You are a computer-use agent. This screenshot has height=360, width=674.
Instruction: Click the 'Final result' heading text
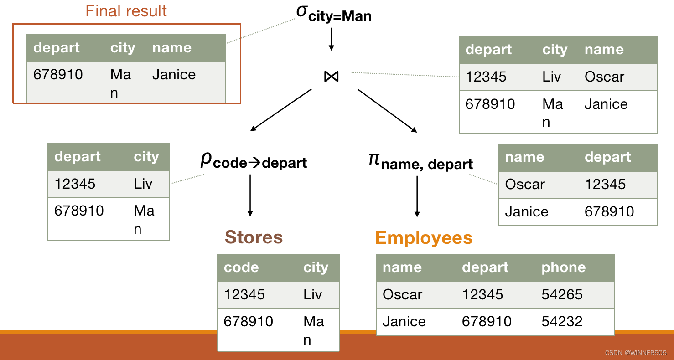pos(126,11)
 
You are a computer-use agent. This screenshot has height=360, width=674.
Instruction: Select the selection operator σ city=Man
pos(334,13)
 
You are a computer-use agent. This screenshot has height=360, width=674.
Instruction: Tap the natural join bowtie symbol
pos(332,77)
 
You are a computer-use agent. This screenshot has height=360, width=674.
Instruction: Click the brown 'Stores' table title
pos(254,237)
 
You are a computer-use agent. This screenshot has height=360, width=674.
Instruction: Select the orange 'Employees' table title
pos(424,238)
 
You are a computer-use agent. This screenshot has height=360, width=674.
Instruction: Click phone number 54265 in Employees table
pos(562,294)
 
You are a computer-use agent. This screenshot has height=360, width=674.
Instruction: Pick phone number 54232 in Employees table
pos(562,321)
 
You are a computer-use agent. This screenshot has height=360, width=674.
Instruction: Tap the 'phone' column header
pos(563,267)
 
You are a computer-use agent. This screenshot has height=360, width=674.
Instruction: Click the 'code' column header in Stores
pos(241,267)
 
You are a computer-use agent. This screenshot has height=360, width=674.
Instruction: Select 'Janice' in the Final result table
pos(174,75)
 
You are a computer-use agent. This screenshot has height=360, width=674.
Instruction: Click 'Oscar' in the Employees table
pos(403,294)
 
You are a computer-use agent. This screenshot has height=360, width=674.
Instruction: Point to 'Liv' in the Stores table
pos(313,294)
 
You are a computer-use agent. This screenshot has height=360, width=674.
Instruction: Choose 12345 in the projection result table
pos(605,184)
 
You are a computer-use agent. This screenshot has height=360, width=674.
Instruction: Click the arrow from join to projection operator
pos(387,111)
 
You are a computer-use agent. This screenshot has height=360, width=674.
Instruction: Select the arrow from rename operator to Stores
pos(250,195)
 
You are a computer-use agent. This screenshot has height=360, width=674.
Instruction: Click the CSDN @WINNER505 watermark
pos(635,353)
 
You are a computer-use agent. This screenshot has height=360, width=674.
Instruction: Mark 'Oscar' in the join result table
pos(604,77)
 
